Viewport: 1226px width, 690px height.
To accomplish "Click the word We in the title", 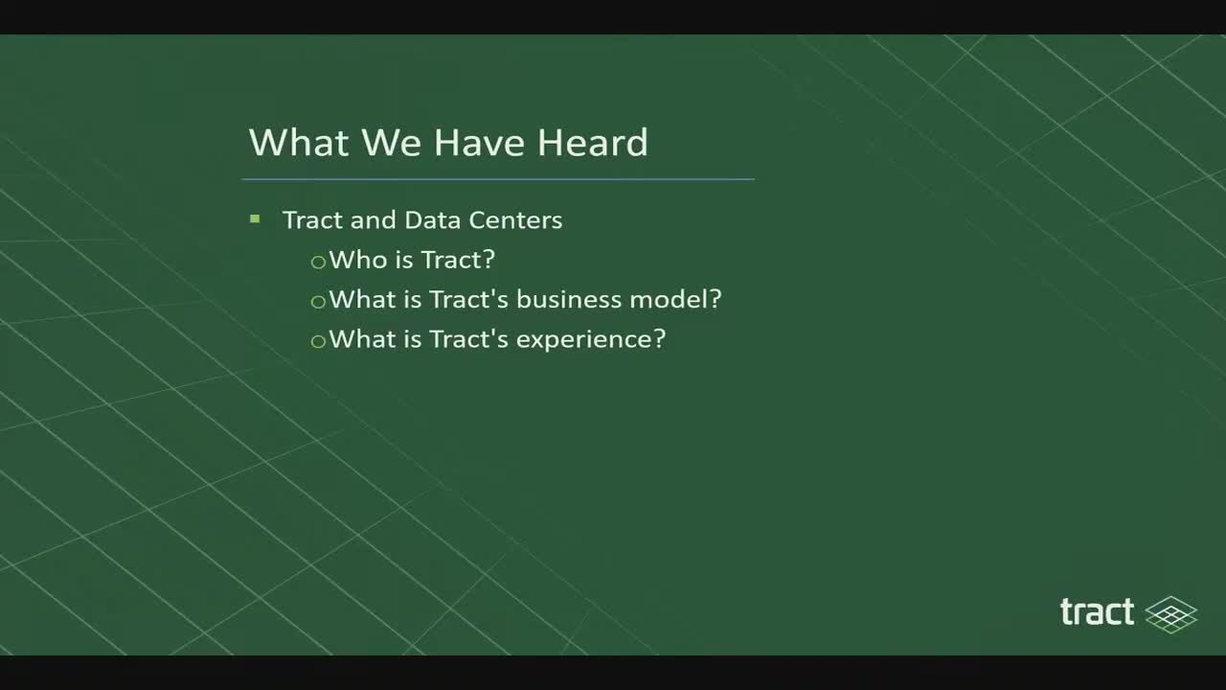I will coord(392,143).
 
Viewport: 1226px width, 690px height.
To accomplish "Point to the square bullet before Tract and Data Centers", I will coord(255,219).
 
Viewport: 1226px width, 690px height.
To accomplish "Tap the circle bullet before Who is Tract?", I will coord(318,262).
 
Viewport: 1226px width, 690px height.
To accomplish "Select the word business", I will coord(569,299).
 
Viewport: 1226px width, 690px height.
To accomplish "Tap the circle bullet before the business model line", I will coord(318,301).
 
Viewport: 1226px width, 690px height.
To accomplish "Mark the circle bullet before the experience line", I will coord(318,341).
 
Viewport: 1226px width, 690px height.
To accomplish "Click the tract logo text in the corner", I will coord(1097,612).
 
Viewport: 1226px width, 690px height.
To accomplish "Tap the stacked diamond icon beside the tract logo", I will coord(1170,614).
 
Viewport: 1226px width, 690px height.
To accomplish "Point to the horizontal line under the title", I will coord(498,179).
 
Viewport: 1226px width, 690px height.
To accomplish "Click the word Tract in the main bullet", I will coord(312,219).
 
